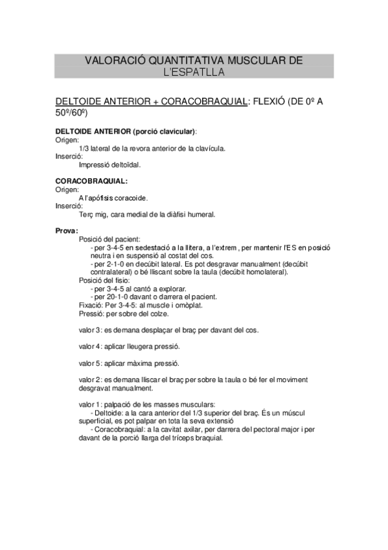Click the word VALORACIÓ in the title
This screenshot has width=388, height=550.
(116, 60)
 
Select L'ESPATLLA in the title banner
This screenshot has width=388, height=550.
(194, 72)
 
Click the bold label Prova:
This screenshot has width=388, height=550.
(67, 231)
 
